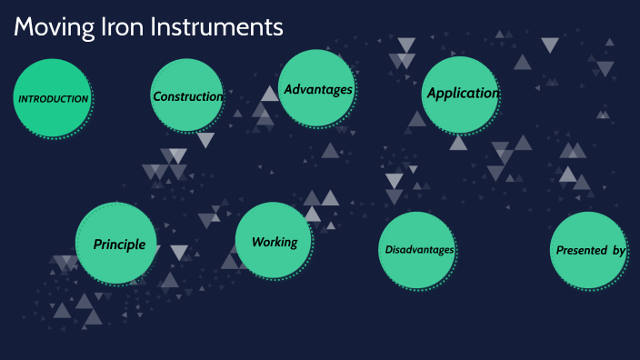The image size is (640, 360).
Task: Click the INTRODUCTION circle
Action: pyautogui.click(x=52, y=98)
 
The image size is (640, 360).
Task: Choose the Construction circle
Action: pyautogui.click(x=186, y=95)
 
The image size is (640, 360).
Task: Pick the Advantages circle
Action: pyautogui.click(x=316, y=88)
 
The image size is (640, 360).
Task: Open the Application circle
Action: pyautogui.click(x=461, y=94)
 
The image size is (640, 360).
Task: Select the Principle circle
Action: pyautogui.click(x=116, y=243)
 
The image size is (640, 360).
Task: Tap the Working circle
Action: pyautogui.click(x=274, y=241)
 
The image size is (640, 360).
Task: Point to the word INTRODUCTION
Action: pyautogui.click(x=54, y=98)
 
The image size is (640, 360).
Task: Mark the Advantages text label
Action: pyautogui.click(x=318, y=89)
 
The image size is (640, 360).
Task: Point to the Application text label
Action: pyautogui.click(x=463, y=93)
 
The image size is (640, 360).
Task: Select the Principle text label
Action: pyautogui.click(x=119, y=244)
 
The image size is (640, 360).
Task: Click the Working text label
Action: pyautogui.click(x=275, y=242)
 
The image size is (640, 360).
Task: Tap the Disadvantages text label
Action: pyautogui.click(x=419, y=250)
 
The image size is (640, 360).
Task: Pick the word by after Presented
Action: pyautogui.click(x=618, y=250)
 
